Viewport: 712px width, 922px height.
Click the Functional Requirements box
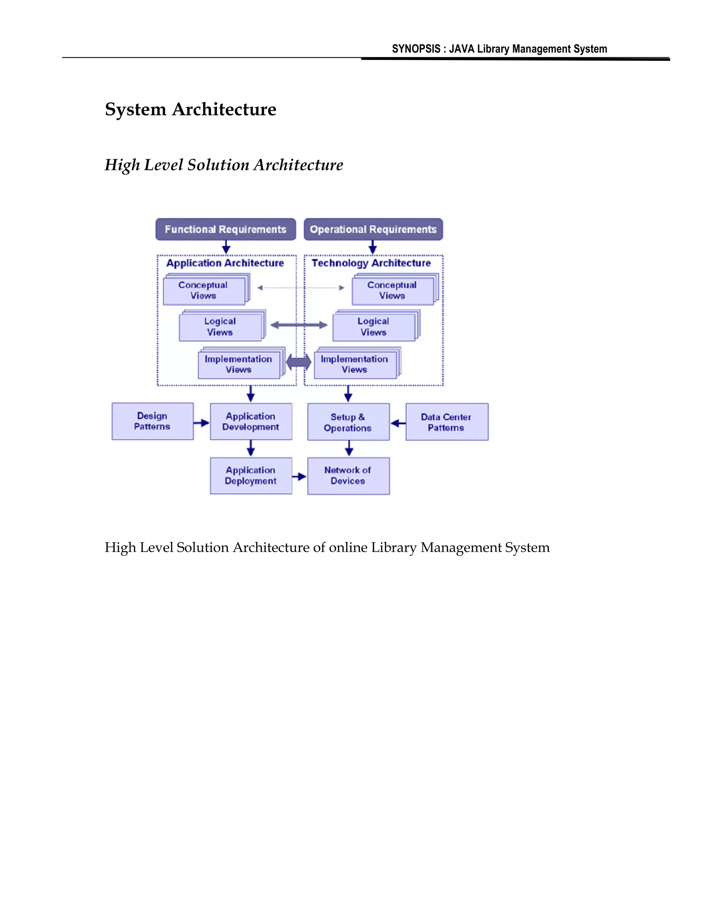point(226,229)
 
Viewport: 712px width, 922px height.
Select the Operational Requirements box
point(373,229)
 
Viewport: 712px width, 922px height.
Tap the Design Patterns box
point(152,421)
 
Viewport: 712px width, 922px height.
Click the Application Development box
point(251,421)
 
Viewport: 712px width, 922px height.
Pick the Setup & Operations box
point(348,422)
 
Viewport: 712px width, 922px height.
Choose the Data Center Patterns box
point(447,422)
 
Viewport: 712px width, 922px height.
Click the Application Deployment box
point(251,476)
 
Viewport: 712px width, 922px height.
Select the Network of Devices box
point(348,476)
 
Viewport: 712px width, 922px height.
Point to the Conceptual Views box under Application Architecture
point(204,291)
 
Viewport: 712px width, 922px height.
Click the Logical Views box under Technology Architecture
point(374,327)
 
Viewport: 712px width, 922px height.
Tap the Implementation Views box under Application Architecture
point(239,364)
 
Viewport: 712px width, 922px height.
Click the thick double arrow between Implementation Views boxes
point(299,362)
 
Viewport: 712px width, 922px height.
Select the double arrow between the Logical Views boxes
point(299,325)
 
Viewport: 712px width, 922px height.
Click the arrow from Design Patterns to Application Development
point(202,423)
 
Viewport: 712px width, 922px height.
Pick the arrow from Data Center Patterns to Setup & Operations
point(398,423)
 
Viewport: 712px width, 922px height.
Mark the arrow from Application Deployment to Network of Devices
point(299,477)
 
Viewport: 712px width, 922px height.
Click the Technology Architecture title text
point(371,263)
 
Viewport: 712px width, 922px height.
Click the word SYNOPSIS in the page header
point(416,49)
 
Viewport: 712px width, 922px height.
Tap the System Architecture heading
point(191,109)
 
